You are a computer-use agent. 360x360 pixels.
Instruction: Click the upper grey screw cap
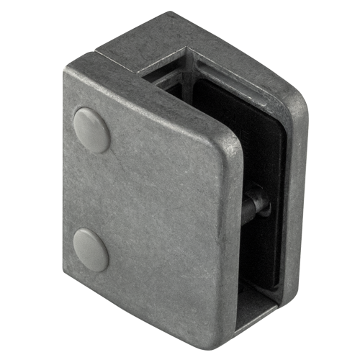tap(91, 129)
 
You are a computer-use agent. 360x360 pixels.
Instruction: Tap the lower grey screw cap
tap(91, 249)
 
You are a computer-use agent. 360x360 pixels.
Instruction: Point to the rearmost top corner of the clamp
tap(173, 13)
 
